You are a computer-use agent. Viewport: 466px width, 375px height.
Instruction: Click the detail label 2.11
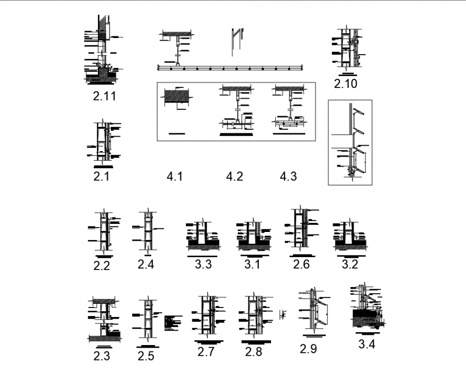click(104, 96)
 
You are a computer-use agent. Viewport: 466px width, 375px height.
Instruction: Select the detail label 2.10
click(345, 84)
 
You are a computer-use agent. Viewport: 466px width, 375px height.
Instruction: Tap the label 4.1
click(175, 176)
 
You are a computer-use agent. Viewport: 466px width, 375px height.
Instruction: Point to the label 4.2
click(235, 176)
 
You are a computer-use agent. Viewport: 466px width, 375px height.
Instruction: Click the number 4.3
click(288, 176)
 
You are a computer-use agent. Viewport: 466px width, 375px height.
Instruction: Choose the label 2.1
click(101, 176)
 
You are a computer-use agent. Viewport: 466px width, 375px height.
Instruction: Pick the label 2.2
click(102, 265)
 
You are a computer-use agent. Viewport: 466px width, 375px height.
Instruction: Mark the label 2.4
click(146, 264)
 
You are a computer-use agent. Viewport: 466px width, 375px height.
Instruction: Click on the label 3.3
click(203, 264)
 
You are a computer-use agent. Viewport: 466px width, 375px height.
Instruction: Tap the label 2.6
click(302, 264)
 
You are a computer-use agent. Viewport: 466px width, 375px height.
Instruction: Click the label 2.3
click(102, 355)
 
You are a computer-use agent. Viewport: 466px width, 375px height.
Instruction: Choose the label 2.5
click(146, 355)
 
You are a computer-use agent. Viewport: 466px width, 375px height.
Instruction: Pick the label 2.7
click(206, 352)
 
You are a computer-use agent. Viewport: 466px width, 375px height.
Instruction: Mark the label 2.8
click(253, 352)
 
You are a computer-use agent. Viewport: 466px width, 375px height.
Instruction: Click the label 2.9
click(309, 349)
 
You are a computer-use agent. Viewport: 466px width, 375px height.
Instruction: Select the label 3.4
click(366, 344)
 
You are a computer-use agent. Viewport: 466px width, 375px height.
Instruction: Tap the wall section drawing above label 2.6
click(300, 228)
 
